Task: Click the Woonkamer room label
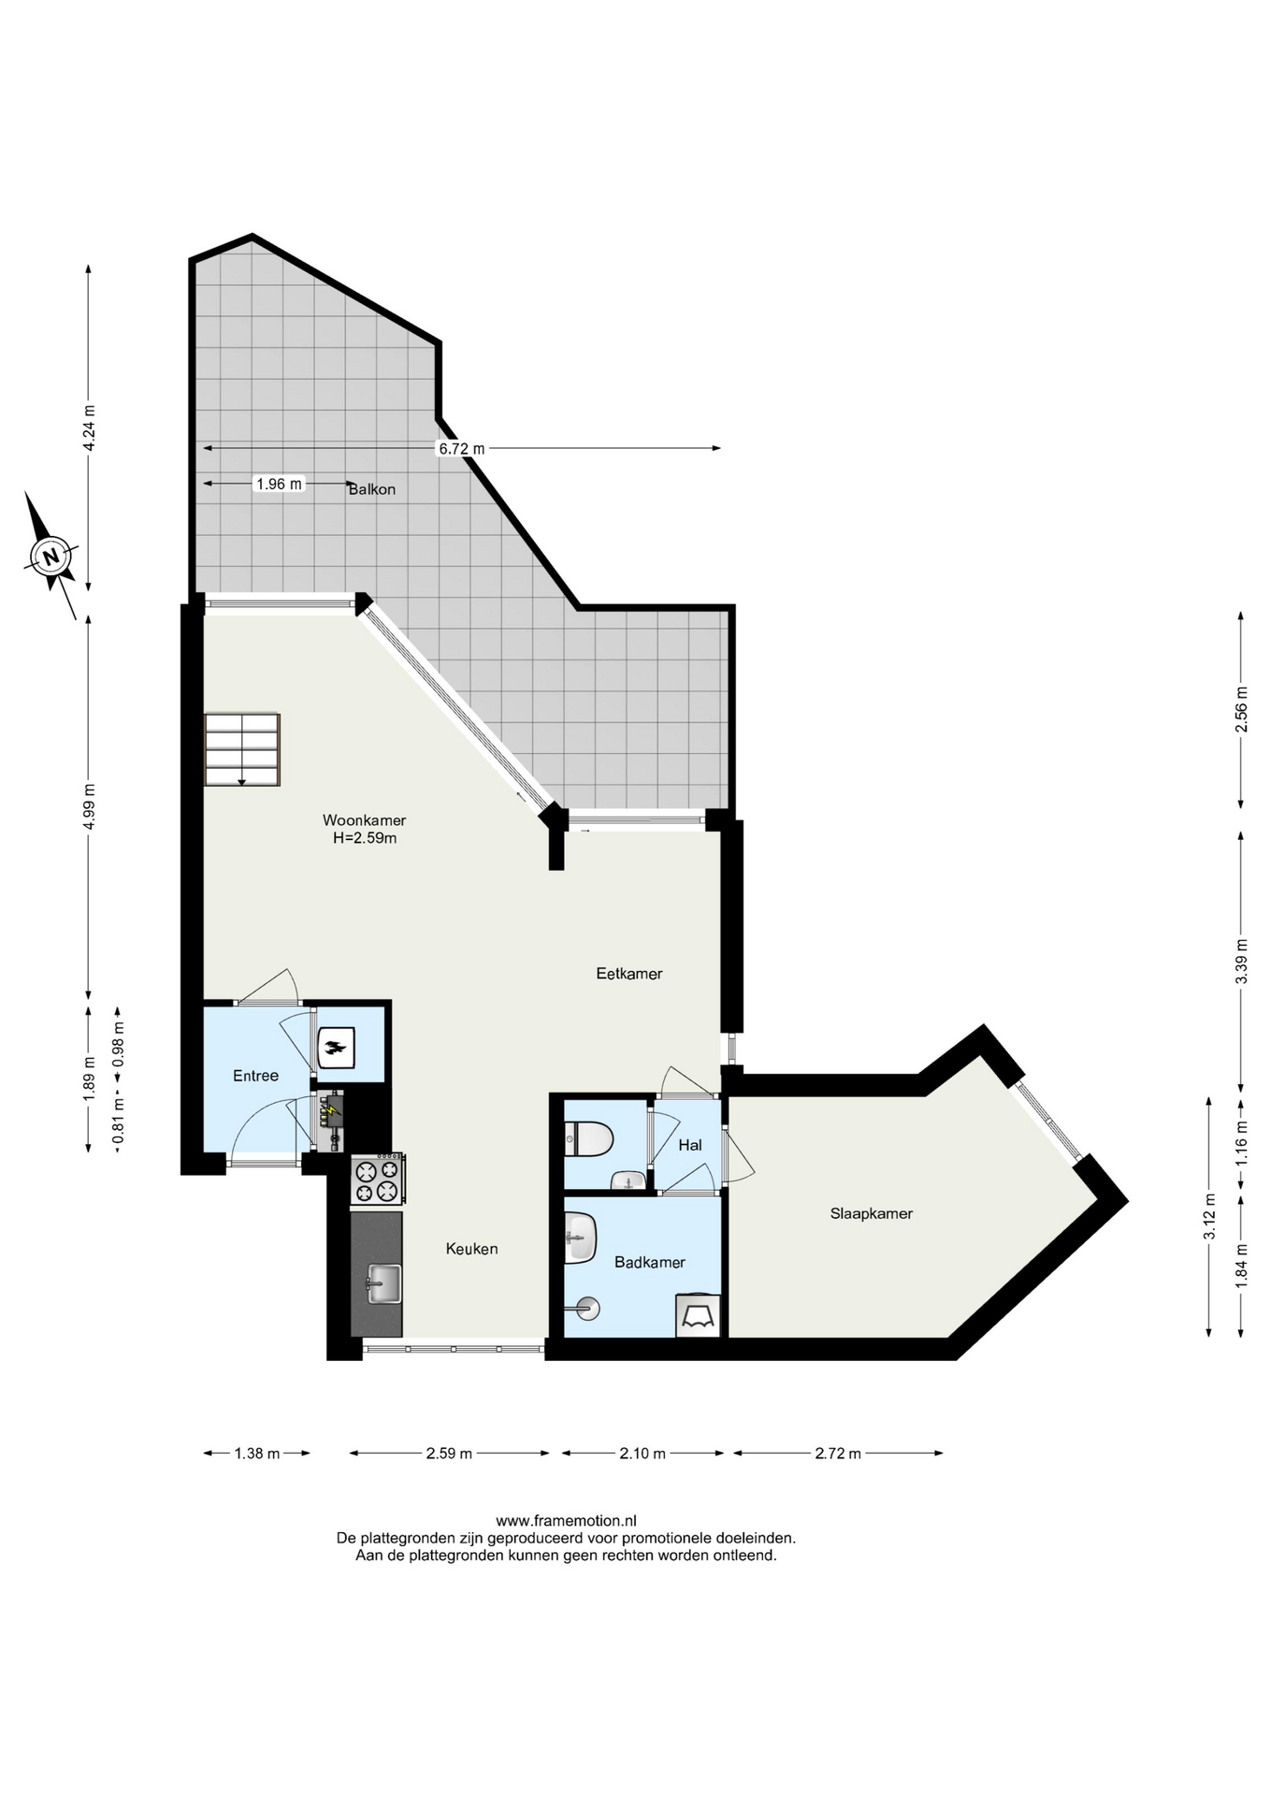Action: (x=364, y=820)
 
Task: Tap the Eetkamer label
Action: (x=629, y=974)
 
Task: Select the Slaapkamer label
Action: (x=872, y=1213)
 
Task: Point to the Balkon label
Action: (x=372, y=489)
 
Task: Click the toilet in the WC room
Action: (x=588, y=1140)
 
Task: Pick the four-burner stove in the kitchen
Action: (x=378, y=1179)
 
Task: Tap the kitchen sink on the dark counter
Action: (x=383, y=1283)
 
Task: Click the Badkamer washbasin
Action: (x=581, y=1238)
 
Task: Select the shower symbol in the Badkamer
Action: (x=587, y=1308)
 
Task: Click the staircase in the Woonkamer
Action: (x=242, y=749)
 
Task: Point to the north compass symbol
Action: (x=51, y=556)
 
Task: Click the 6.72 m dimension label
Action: (x=462, y=449)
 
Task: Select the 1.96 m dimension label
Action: (x=280, y=484)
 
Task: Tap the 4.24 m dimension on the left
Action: (x=89, y=428)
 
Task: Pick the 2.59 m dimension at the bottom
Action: (x=449, y=1453)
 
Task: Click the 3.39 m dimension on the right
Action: (x=1241, y=961)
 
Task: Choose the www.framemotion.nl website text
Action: (x=566, y=1521)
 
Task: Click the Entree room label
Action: (x=255, y=1076)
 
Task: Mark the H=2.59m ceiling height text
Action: (x=365, y=838)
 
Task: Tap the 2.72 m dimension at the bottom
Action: (x=838, y=1453)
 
